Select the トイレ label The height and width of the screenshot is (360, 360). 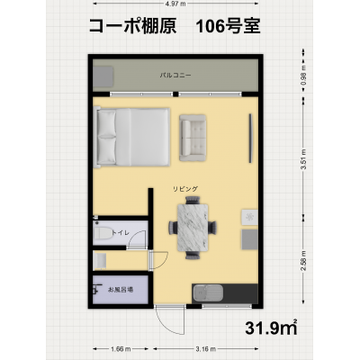[x=121, y=232]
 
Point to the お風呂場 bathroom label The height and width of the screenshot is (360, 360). [x=121, y=290]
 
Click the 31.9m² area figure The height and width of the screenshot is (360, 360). [x=266, y=326]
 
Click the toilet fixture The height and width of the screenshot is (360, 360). [x=102, y=233]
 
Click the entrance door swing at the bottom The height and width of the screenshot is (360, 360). [x=166, y=318]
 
